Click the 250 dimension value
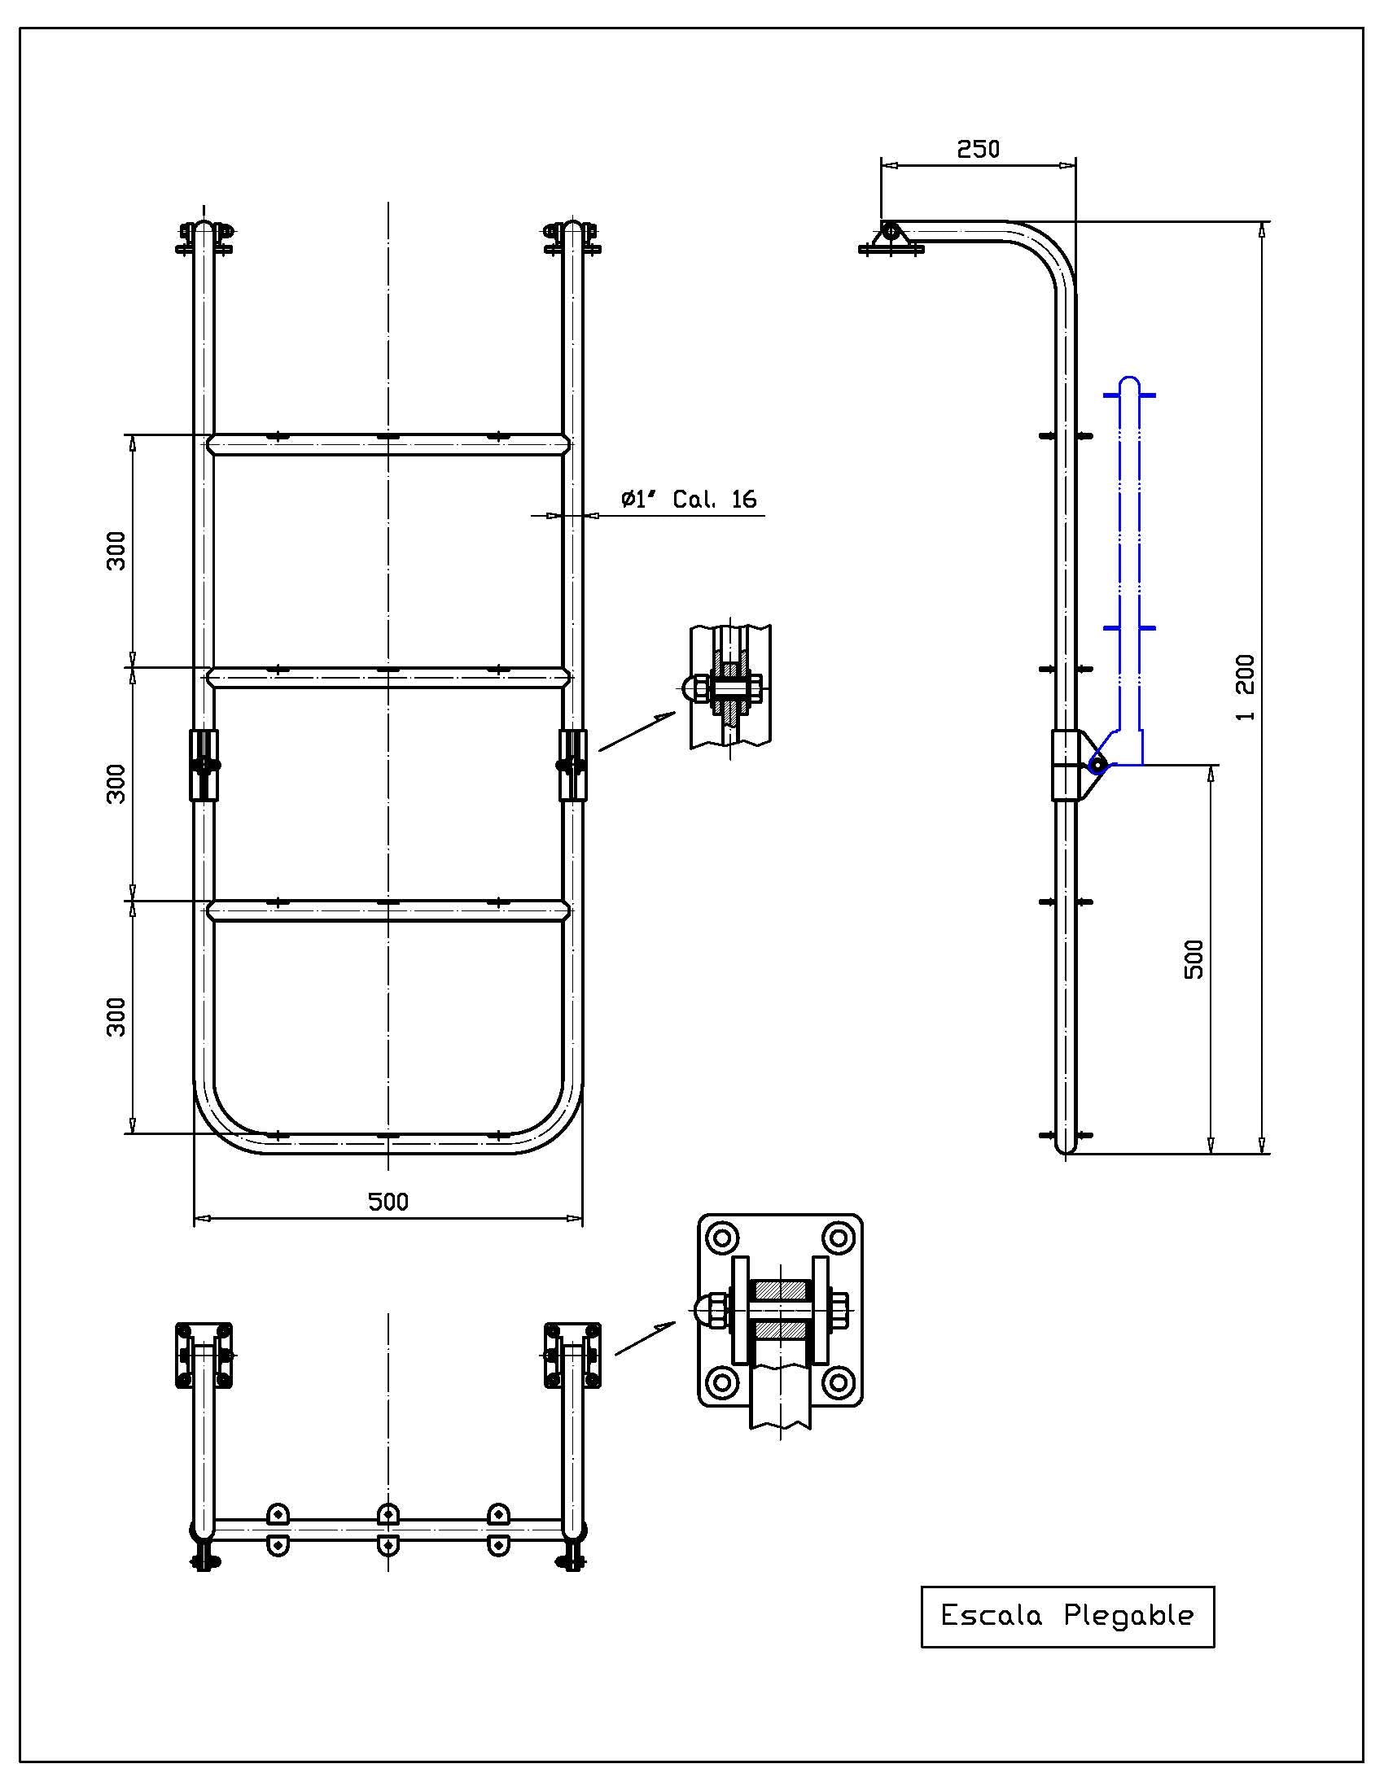(x=978, y=149)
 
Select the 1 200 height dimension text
(x=1245, y=688)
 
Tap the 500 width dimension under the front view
(x=388, y=1202)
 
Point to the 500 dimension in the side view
(x=1194, y=959)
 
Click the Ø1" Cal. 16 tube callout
(x=688, y=499)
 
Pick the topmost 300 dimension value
(x=117, y=551)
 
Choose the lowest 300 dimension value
(x=117, y=1016)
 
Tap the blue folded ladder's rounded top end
(x=1130, y=382)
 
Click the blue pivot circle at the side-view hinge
(x=1097, y=765)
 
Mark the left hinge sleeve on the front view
(x=204, y=765)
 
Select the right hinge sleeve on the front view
(x=572, y=765)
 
